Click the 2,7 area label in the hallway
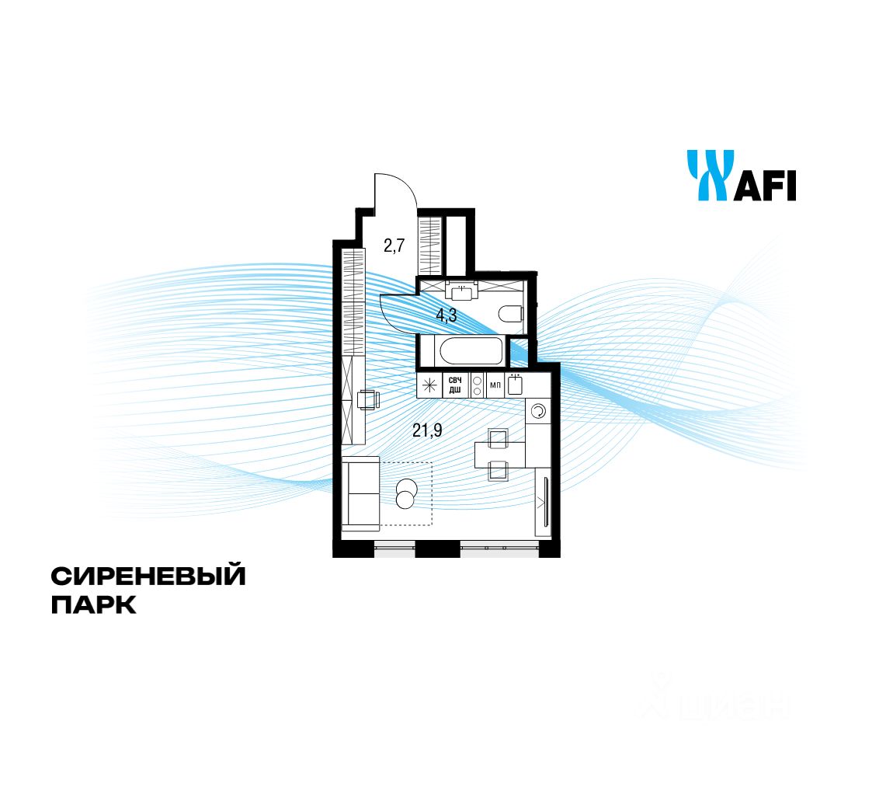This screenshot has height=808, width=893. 394,247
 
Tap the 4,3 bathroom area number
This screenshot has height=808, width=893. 446,316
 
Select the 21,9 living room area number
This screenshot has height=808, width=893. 427,430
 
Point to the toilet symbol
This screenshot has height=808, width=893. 511,315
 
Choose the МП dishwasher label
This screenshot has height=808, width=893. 495,385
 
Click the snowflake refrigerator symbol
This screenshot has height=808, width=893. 429,385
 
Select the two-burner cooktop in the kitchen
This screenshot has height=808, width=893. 476,385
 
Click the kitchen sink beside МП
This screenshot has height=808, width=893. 516,385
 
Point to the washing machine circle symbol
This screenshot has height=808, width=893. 538,411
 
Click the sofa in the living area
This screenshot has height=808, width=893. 360,493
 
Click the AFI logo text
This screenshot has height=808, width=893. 766,186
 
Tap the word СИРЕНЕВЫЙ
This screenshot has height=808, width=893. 148,576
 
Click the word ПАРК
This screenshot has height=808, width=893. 93,604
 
